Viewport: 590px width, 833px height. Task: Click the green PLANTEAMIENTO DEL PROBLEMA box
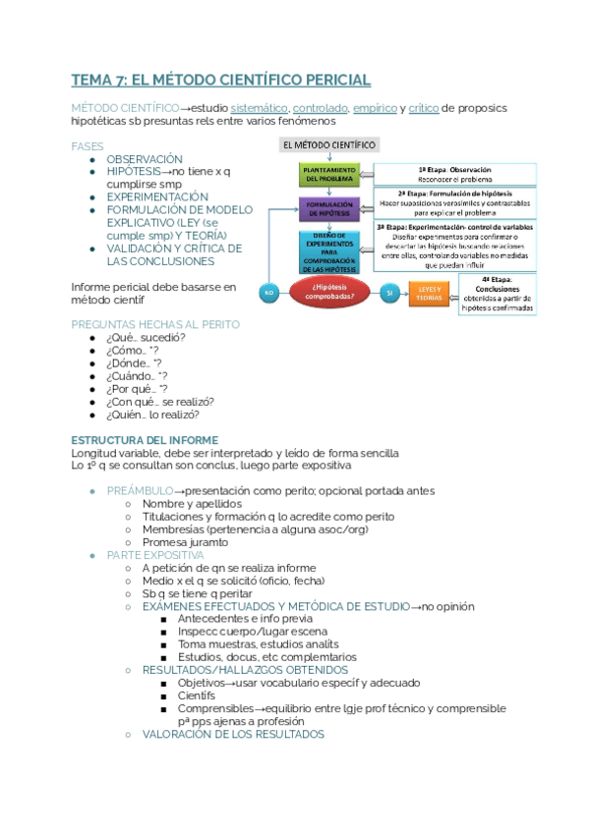pyautogui.click(x=328, y=174)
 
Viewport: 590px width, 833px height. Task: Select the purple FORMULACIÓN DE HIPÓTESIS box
pyautogui.click(x=328, y=209)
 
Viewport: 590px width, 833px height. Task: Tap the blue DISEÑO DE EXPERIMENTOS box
pyautogui.click(x=328, y=251)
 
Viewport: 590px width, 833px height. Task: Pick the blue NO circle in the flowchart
pyautogui.click(x=267, y=293)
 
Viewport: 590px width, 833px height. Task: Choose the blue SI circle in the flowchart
pyautogui.click(x=390, y=293)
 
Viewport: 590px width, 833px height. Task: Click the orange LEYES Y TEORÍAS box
pyautogui.click(x=430, y=293)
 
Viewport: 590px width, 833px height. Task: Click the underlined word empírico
pyautogui.click(x=376, y=107)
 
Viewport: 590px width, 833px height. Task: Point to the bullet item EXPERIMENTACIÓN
pyautogui.click(x=158, y=197)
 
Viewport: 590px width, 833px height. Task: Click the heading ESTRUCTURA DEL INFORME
pyautogui.click(x=145, y=440)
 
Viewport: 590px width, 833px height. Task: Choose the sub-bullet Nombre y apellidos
pyautogui.click(x=194, y=504)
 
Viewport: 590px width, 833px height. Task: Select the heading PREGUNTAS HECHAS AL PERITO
pyautogui.click(x=155, y=324)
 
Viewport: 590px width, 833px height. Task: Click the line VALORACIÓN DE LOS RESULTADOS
pyautogui.click(x=233, y=734)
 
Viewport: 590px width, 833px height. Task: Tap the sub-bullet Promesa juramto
pyautogui.click(x=186, y=542)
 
